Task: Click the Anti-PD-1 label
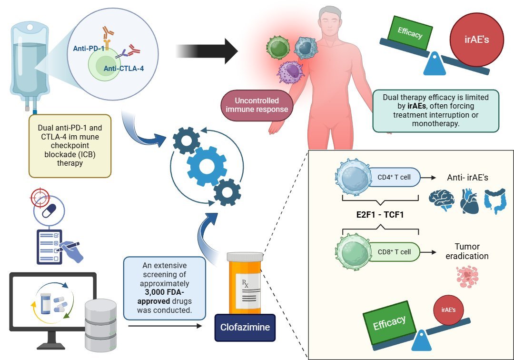tap(89, 49)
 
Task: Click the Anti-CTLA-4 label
tap(124, 68)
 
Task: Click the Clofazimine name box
tap(245, 328)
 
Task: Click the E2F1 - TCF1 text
tap(379, 215)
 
